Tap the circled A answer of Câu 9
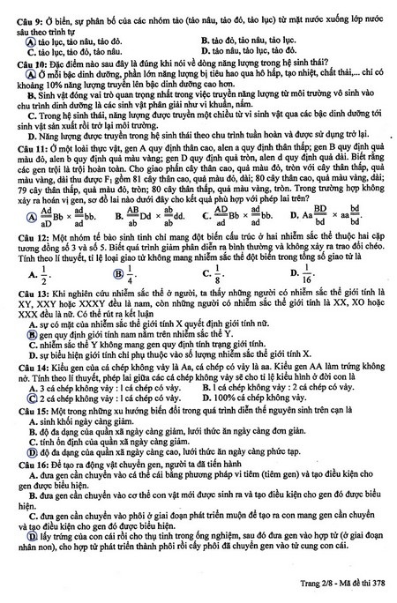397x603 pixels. coord(30,41)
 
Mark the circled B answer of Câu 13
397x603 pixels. coord(30,360)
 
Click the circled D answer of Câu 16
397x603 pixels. coord(30,558)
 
